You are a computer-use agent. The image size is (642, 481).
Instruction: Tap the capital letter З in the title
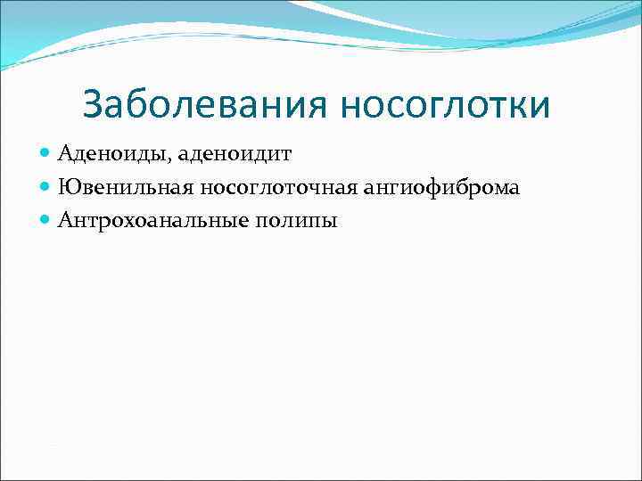(x=93, y=105)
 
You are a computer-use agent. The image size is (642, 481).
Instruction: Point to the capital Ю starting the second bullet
(x=68, y=188)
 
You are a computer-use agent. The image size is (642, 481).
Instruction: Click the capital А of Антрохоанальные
(x=65, y=221)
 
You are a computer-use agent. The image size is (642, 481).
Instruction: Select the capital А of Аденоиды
(x=65, y=155)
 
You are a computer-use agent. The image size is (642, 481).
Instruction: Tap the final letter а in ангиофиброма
(x=515, y=189)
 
